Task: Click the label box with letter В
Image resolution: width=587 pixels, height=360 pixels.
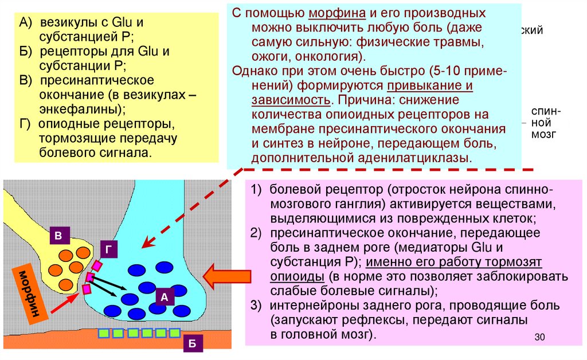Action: click(x=58, y=236)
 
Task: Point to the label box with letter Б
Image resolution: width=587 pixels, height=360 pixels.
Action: click(x=193, y=343)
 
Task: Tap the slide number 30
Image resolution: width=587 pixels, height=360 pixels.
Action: click(x=538, y=337)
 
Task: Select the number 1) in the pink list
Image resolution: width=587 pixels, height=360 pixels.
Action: click(x=256, y=189)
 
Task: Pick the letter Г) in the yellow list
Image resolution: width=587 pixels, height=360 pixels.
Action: click(x=27, y=124)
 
